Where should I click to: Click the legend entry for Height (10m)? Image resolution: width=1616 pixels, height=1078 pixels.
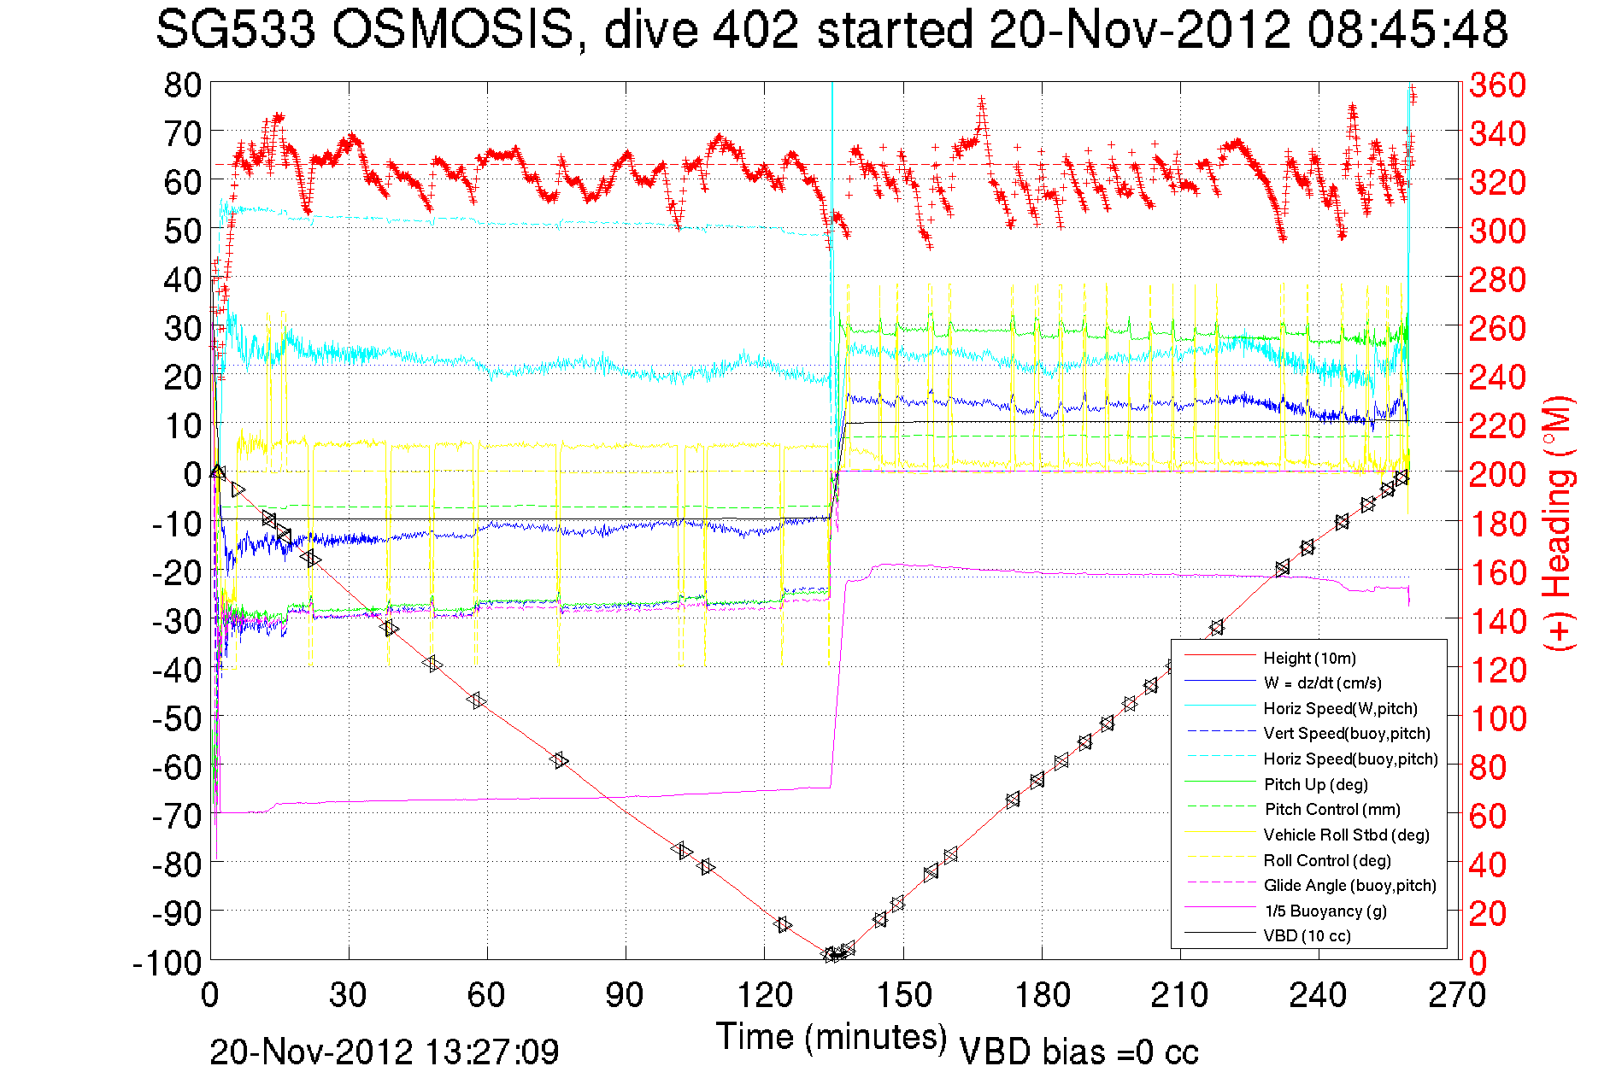[1309, 658]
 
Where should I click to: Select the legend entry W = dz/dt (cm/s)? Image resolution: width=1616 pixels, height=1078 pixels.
[1322, 683]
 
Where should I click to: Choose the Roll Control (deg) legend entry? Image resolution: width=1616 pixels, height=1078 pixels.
[1326, 860]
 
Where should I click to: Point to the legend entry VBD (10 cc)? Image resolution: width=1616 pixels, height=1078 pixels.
[1307, 935]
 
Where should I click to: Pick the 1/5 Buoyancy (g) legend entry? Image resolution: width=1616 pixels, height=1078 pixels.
[1325, 911]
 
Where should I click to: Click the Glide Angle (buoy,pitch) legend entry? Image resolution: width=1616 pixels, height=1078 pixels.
[1349, 885]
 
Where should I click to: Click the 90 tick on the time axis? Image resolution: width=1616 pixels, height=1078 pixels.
[625, 995]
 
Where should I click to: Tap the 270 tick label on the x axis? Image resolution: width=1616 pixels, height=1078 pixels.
[1456, 995]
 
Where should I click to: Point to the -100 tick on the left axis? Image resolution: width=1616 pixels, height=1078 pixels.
[167, 963]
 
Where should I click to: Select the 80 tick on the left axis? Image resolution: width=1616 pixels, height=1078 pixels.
[182, 85]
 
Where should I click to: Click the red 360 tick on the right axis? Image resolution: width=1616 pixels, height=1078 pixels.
[1497, 85]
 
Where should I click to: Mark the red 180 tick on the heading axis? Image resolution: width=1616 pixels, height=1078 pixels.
[1497, 524]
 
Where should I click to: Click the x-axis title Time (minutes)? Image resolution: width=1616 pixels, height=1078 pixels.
[832, 1037]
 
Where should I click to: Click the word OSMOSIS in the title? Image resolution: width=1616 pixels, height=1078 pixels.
[452, 31]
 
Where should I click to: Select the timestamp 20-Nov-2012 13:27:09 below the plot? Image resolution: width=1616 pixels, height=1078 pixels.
[385, 1052]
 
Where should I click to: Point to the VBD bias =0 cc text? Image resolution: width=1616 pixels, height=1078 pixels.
[1078, 1052]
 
